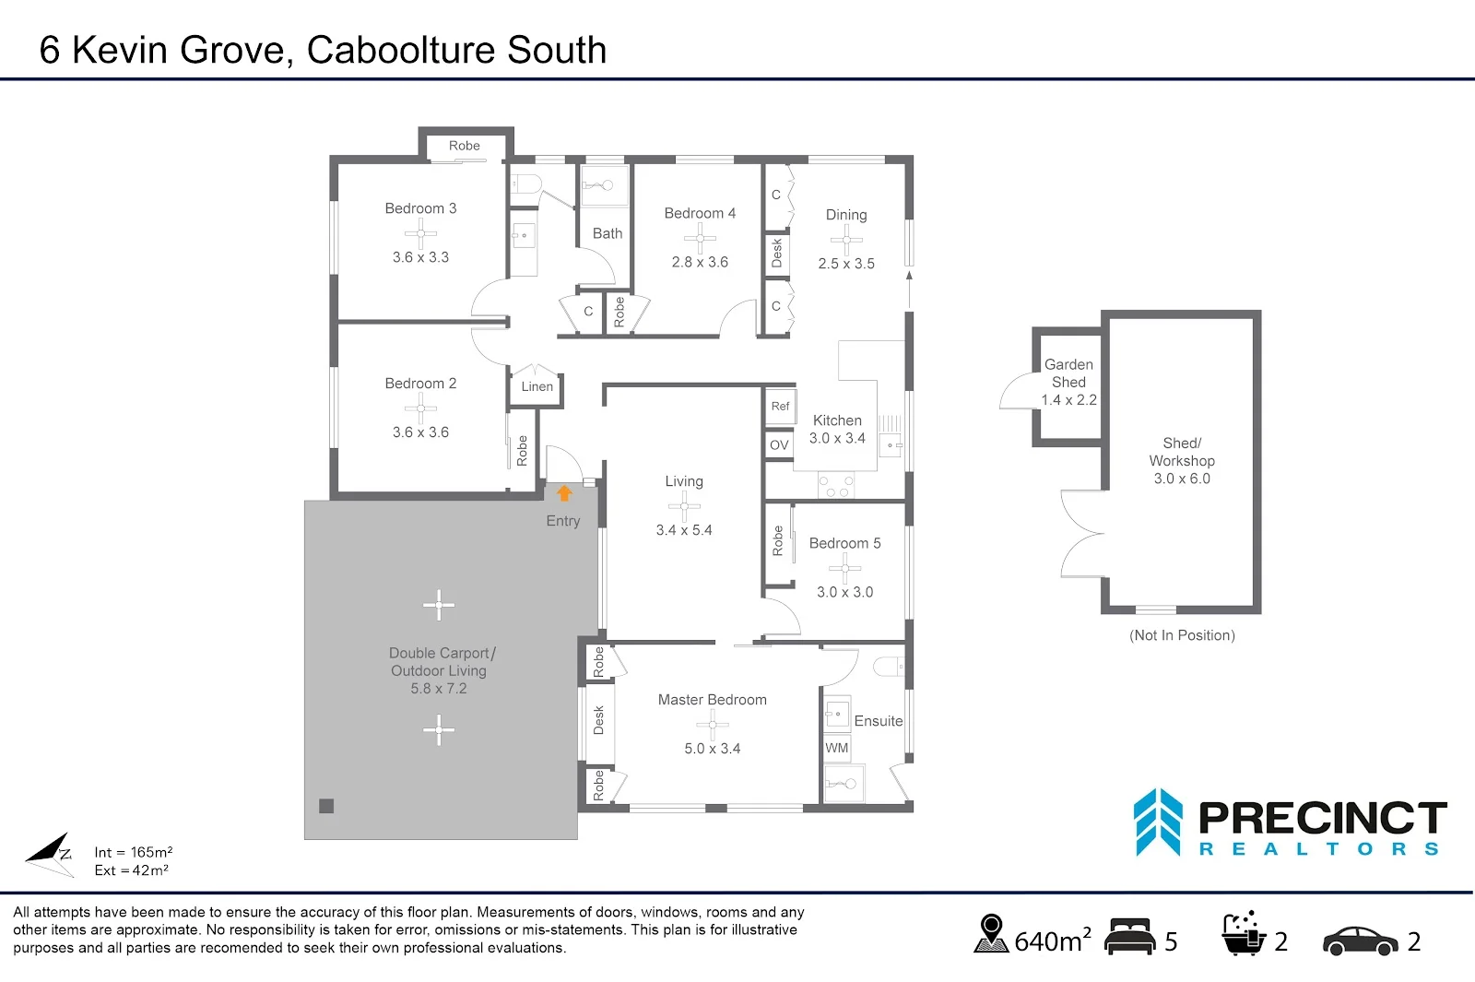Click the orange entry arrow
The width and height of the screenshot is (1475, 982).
pos(564,493)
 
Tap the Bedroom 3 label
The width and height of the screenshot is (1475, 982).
pos(420,208)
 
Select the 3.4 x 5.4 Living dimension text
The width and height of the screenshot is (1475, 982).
pos(683,530)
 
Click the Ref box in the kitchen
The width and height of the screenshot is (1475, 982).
pos(780,407)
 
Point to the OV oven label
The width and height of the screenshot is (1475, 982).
pos(779,445)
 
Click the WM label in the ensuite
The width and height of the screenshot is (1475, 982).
pos(836,748)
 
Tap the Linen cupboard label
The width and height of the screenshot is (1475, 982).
pos(537,387)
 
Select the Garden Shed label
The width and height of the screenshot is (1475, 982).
pos(1068,373)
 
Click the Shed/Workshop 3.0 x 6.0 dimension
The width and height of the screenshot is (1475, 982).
pos(1182,479)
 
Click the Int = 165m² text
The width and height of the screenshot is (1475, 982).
pos(133,852)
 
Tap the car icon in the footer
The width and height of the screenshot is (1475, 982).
pos(1360,941)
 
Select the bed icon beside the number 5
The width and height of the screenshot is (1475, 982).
pos(1129,938)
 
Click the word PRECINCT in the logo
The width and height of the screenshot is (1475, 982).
pos(1322,819)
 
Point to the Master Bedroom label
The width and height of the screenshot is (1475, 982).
pos(712,700)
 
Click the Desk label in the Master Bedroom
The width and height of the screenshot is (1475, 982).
pos(598,720)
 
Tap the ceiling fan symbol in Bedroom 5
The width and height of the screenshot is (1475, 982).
pos(844,568)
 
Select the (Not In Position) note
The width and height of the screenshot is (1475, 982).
pos(1182,635)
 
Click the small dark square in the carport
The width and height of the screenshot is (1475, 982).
pos(326,806)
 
